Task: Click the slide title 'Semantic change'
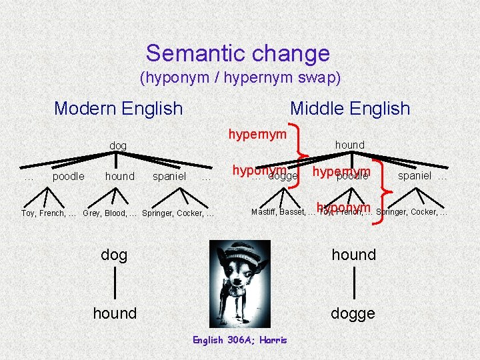click(238, 53)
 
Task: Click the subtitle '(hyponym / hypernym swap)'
click(240, 78)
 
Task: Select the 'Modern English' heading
click(118, 108)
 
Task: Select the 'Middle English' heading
click(350, 108)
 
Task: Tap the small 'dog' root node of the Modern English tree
click(118, 145)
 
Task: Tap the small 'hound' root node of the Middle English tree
click(349, 145)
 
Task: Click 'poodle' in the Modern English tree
click(68, 177)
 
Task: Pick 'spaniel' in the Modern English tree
click(169, 177)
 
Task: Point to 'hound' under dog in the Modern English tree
click(119, 177)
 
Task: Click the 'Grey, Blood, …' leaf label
click(109, 213)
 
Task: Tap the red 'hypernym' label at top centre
click(257, 134)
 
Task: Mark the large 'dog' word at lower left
click(114, 255)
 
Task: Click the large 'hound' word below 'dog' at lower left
click(115, 313)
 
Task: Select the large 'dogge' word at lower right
click(353, 313)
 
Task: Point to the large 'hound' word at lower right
click(354, 255)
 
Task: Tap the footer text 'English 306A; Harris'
click(240, 340)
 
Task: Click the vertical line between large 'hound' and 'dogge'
click(354, 283)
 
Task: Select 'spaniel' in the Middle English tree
click(415, 176)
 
